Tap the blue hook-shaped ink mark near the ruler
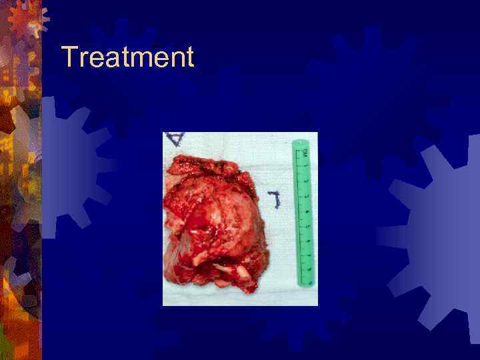click(274, 198)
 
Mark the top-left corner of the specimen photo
click(163, 133)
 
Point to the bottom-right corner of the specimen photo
click(317, 305)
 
